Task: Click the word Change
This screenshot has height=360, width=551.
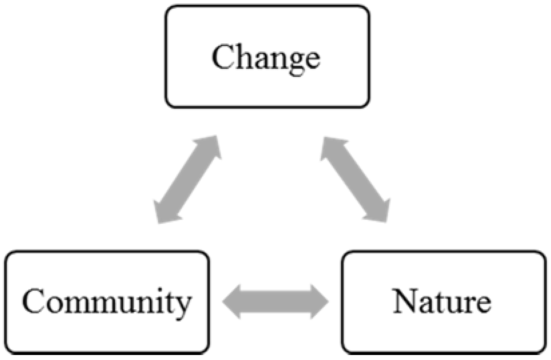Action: pos(266,57)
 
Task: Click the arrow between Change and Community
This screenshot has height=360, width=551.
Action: pos(187,179)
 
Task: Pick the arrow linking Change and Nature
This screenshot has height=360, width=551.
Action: pos(355,179)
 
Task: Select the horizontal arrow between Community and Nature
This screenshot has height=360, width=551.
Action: pos(276,302)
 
